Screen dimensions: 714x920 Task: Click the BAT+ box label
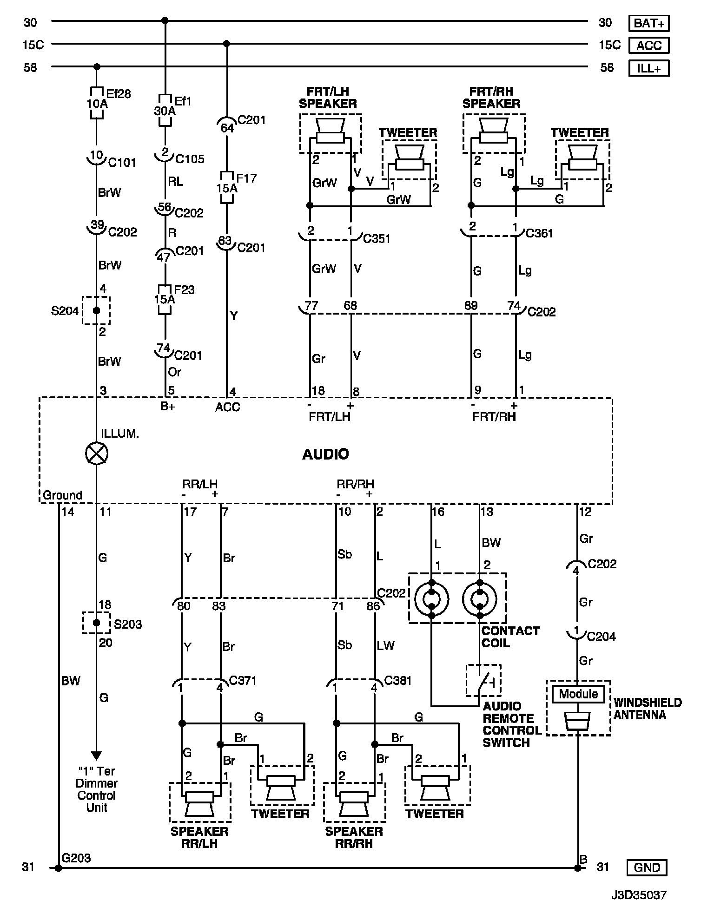[649, 23]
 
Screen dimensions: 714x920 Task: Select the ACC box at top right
[649, 46]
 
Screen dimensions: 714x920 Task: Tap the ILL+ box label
[649, 68]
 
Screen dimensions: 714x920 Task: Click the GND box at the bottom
[647, 867]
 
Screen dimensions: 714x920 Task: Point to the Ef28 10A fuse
[97, 103]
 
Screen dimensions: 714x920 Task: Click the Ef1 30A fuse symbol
[165, 110]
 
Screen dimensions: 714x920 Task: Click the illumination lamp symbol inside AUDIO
[97, 453]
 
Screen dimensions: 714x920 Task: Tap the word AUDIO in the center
[325, 454]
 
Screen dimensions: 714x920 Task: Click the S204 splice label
[65, 310]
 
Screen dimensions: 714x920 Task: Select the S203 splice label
[128, 624]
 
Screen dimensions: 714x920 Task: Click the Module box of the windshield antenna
[578, 694]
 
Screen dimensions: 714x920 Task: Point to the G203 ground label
[76, 858]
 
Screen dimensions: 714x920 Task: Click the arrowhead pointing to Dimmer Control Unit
[96, 756]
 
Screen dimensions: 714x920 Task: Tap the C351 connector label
[377, 239]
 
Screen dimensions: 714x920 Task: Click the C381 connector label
[398, 681]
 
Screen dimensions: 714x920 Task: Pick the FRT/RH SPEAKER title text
[491, 97]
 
